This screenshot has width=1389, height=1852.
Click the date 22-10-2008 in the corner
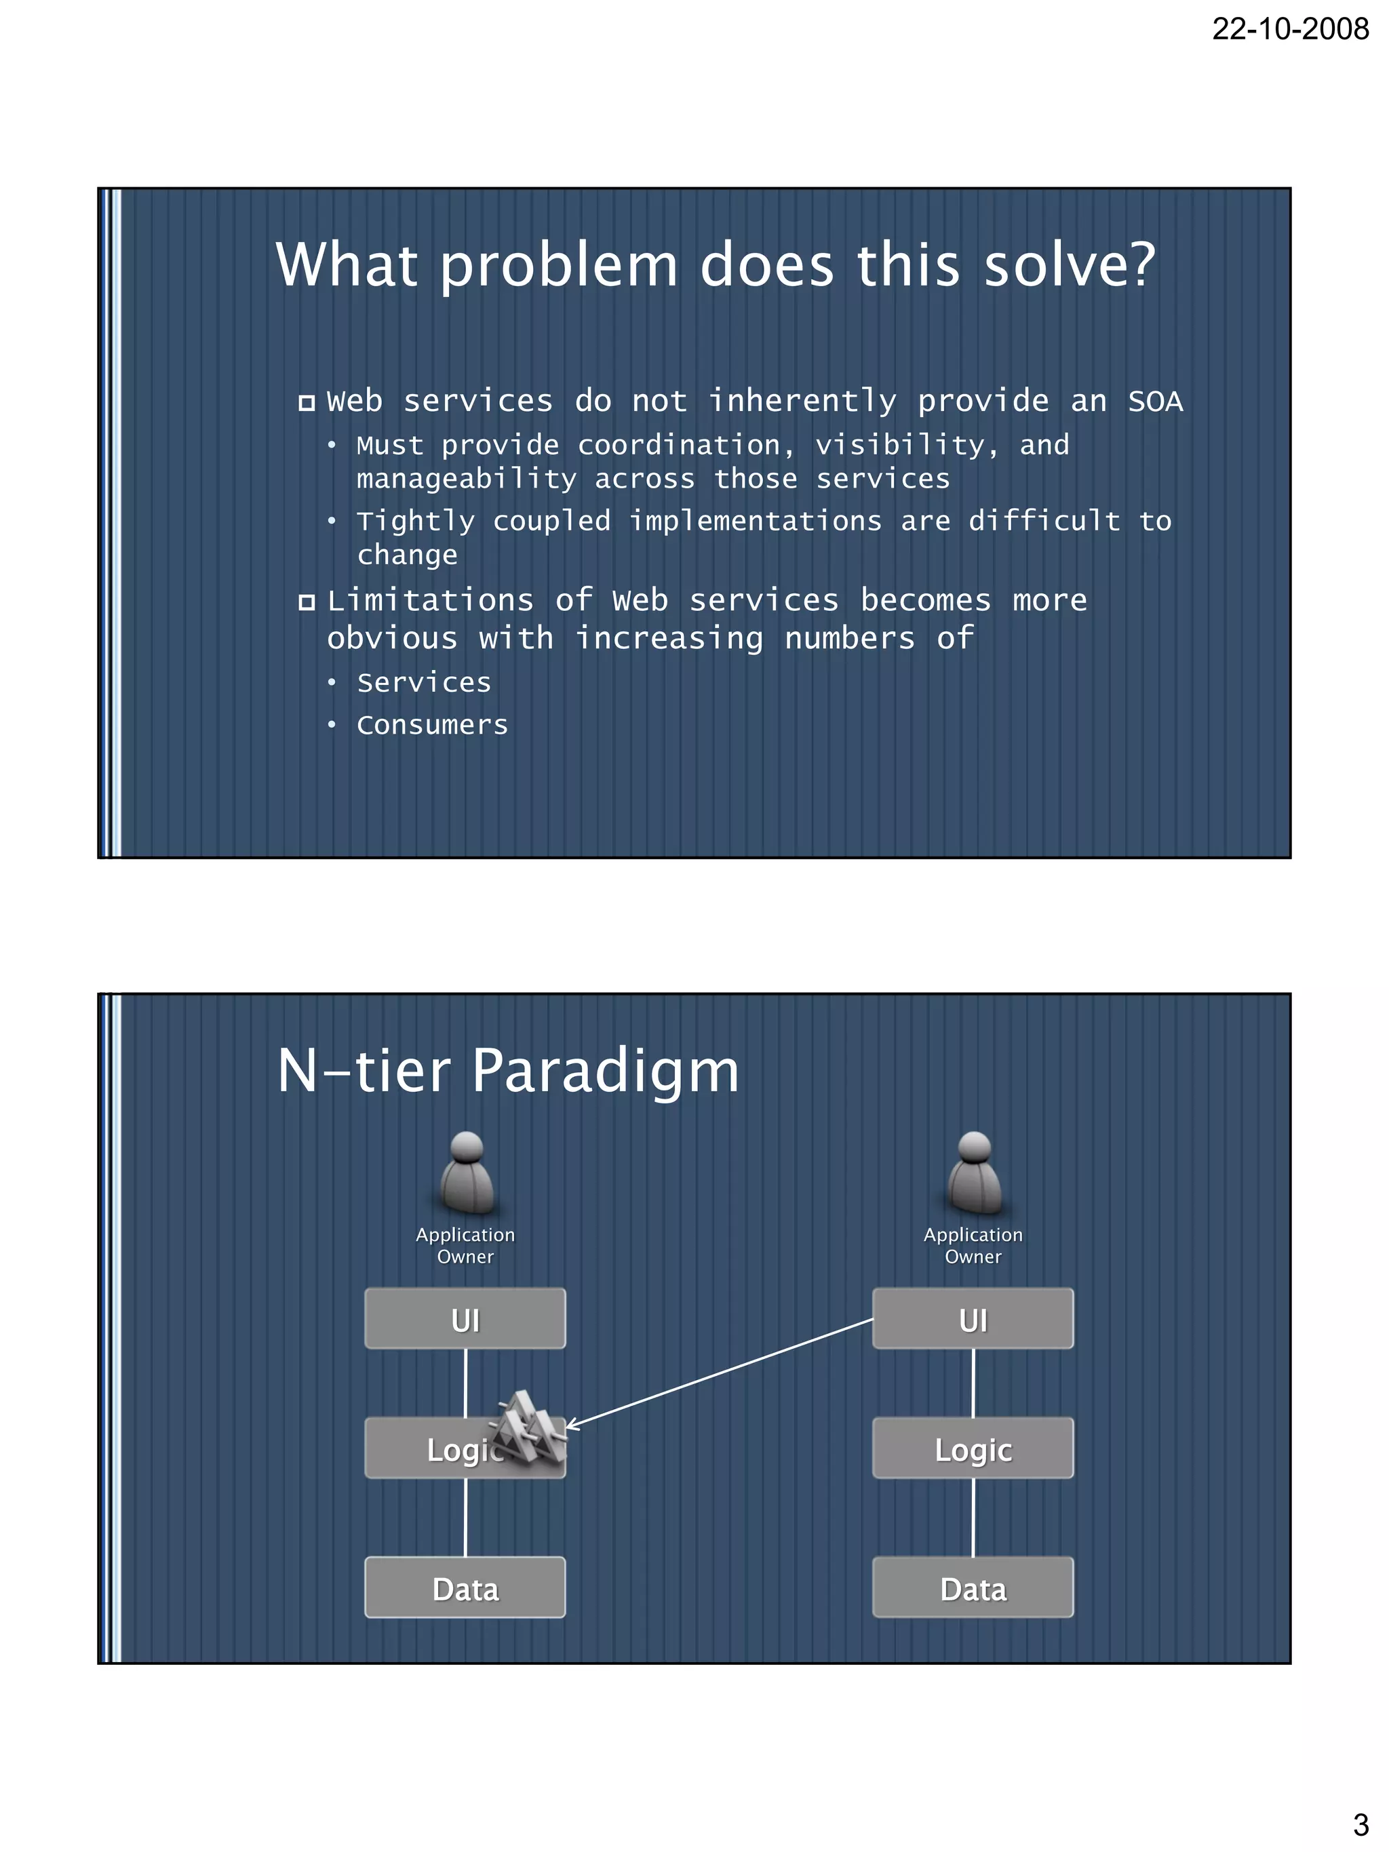pos(1289,30)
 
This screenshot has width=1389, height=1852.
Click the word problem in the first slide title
pos(558,267)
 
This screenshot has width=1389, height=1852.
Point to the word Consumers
pos(432,725)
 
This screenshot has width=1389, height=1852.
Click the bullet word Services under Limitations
pos(424,683)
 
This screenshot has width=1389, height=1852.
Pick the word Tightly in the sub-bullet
pos(415,521)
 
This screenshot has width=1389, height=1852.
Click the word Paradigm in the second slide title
pos(606,1071)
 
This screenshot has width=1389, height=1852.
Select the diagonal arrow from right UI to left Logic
pos(720,1373)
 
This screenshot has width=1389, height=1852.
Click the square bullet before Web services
pos(307,403)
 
